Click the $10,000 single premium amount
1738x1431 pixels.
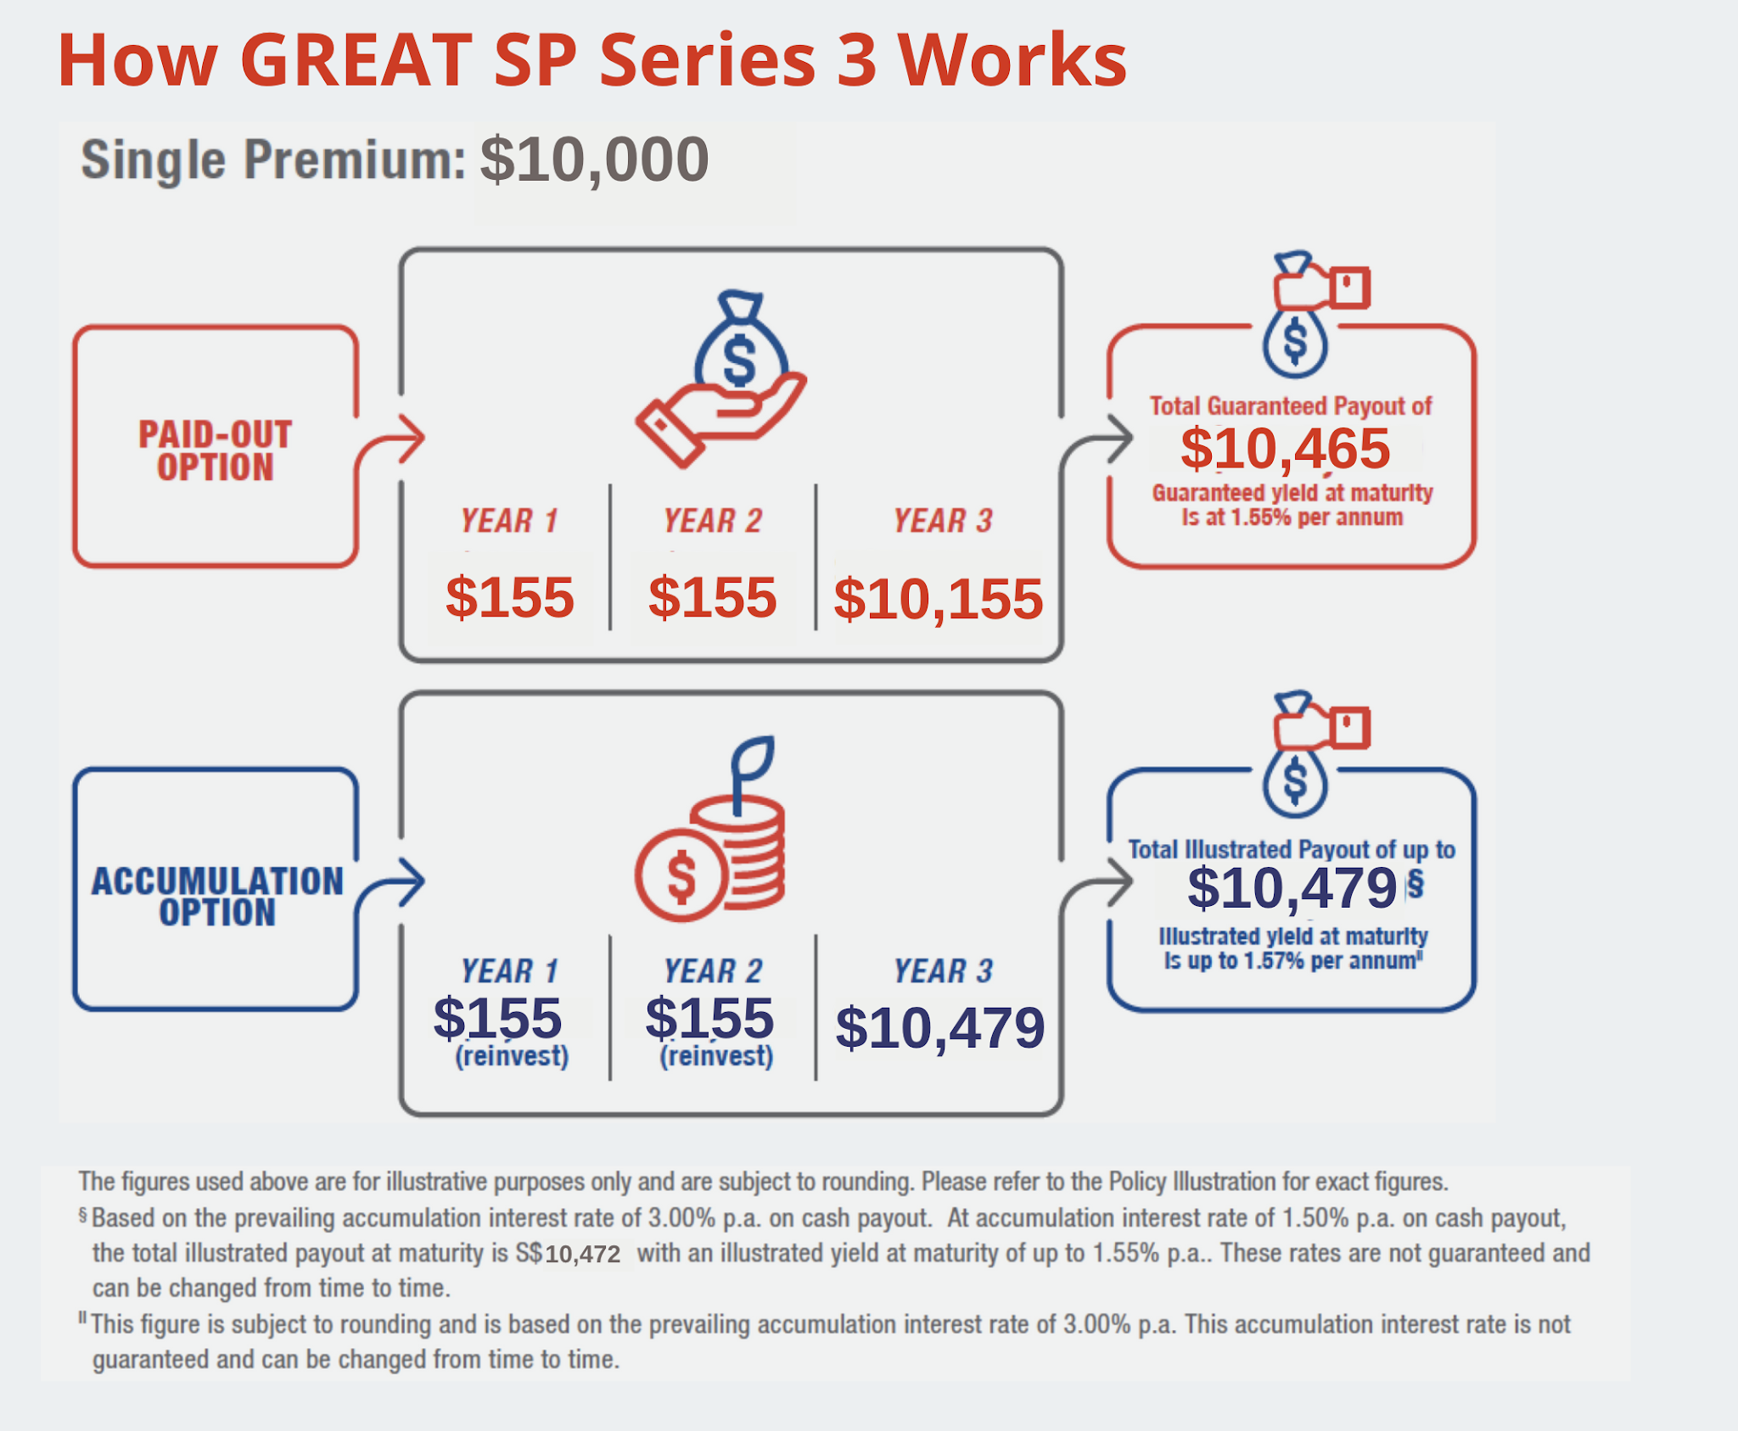coord(594,160)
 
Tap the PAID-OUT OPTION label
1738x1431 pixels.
coord(216,450)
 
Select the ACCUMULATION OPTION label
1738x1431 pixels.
coord(217,897)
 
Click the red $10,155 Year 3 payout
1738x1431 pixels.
coord(938,599)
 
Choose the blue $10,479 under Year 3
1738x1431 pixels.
coord(939,1027)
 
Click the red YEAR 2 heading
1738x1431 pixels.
coord(713,521)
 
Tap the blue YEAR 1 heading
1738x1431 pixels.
coord(509,971)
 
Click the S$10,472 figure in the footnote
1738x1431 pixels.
coord(582,1254)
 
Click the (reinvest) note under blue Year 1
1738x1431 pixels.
coord(512,1056)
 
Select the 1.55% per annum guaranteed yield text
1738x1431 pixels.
coord(1292,517)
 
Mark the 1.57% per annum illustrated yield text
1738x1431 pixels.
coord(1292,961)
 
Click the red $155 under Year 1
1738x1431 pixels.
coord(510,597)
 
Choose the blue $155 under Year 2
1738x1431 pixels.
coord(709,1018)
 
